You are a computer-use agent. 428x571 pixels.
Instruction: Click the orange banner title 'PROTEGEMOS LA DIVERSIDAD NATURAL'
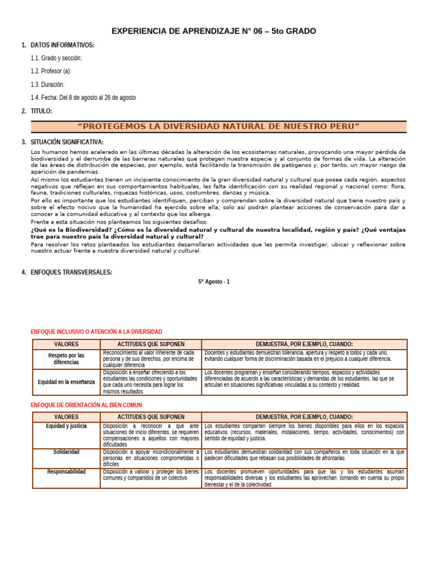pos(218,127)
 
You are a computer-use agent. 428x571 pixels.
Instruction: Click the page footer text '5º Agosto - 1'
pos(214,282)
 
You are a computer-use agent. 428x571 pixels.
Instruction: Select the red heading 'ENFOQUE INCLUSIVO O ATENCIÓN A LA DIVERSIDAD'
pos(96,332)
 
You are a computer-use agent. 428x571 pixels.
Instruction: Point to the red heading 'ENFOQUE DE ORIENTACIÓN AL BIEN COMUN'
pos(86,405)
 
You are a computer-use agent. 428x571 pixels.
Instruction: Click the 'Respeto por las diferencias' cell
pos(66,359)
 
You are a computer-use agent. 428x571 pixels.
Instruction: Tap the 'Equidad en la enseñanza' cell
pos(66,382)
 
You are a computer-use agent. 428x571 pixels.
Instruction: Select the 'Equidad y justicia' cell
pos(66,427)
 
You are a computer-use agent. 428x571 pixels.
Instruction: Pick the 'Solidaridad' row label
pos(66,452)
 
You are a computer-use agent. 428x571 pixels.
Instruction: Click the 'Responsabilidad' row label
pos(66,472)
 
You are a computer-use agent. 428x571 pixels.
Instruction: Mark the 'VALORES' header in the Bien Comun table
pos(66,417)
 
